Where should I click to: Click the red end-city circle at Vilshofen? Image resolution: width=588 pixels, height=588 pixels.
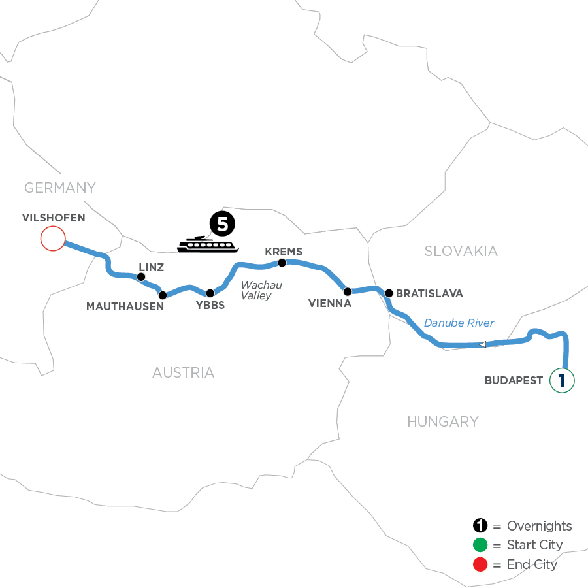[x=52, y=238]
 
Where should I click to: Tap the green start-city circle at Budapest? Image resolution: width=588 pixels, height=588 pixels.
[x=562, y=380]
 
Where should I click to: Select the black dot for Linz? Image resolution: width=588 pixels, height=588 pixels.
[x=140, y=277]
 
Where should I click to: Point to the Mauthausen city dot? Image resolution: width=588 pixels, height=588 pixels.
[x=163, y=295]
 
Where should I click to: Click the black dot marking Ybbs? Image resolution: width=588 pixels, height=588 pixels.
[x=210, y=293]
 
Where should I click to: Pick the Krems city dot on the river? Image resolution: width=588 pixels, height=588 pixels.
[x=282, y=263]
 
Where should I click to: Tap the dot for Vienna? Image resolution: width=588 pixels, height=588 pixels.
[x=348, y=291]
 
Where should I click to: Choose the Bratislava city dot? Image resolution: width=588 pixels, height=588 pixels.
[x=389, y=293]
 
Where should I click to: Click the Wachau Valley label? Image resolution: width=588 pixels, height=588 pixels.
[x=255, y=291]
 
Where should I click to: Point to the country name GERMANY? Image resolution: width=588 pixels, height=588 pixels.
[x=60, y=188]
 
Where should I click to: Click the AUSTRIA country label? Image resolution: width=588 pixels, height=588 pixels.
[x=183, y=373]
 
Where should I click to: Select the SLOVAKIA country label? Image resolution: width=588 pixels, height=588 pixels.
[x=461, y=252]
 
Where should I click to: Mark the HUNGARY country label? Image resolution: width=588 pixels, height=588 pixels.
[x=443, y=422]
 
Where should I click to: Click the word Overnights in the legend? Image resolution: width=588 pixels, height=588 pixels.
[x=539, y=527]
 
